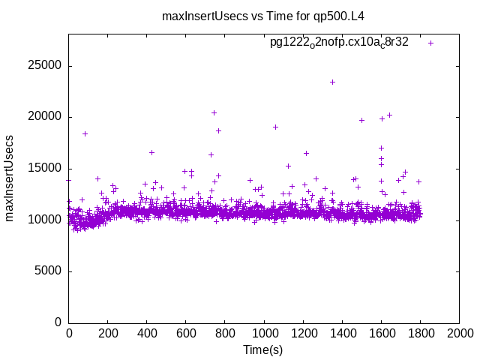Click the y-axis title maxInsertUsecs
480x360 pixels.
(10, 178)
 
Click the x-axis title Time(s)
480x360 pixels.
(263, 349)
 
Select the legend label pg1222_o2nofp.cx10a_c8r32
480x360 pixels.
(339, 43)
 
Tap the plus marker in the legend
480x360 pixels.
(430, 43)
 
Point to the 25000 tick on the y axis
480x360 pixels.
(44, 66)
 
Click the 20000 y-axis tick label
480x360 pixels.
(44, 117)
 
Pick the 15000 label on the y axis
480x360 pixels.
(44, 168)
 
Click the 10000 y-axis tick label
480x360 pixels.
(44, 220)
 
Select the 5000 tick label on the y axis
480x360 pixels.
(47, 271)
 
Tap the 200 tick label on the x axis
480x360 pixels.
(108, 333)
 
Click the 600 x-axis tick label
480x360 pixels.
(186, 333)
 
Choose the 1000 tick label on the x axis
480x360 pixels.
(264, 333)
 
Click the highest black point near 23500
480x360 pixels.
(332, 82)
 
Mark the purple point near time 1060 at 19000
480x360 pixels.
(275, 127)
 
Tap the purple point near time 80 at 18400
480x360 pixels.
(85, 133)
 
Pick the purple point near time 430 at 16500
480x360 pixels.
(151, 152)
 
